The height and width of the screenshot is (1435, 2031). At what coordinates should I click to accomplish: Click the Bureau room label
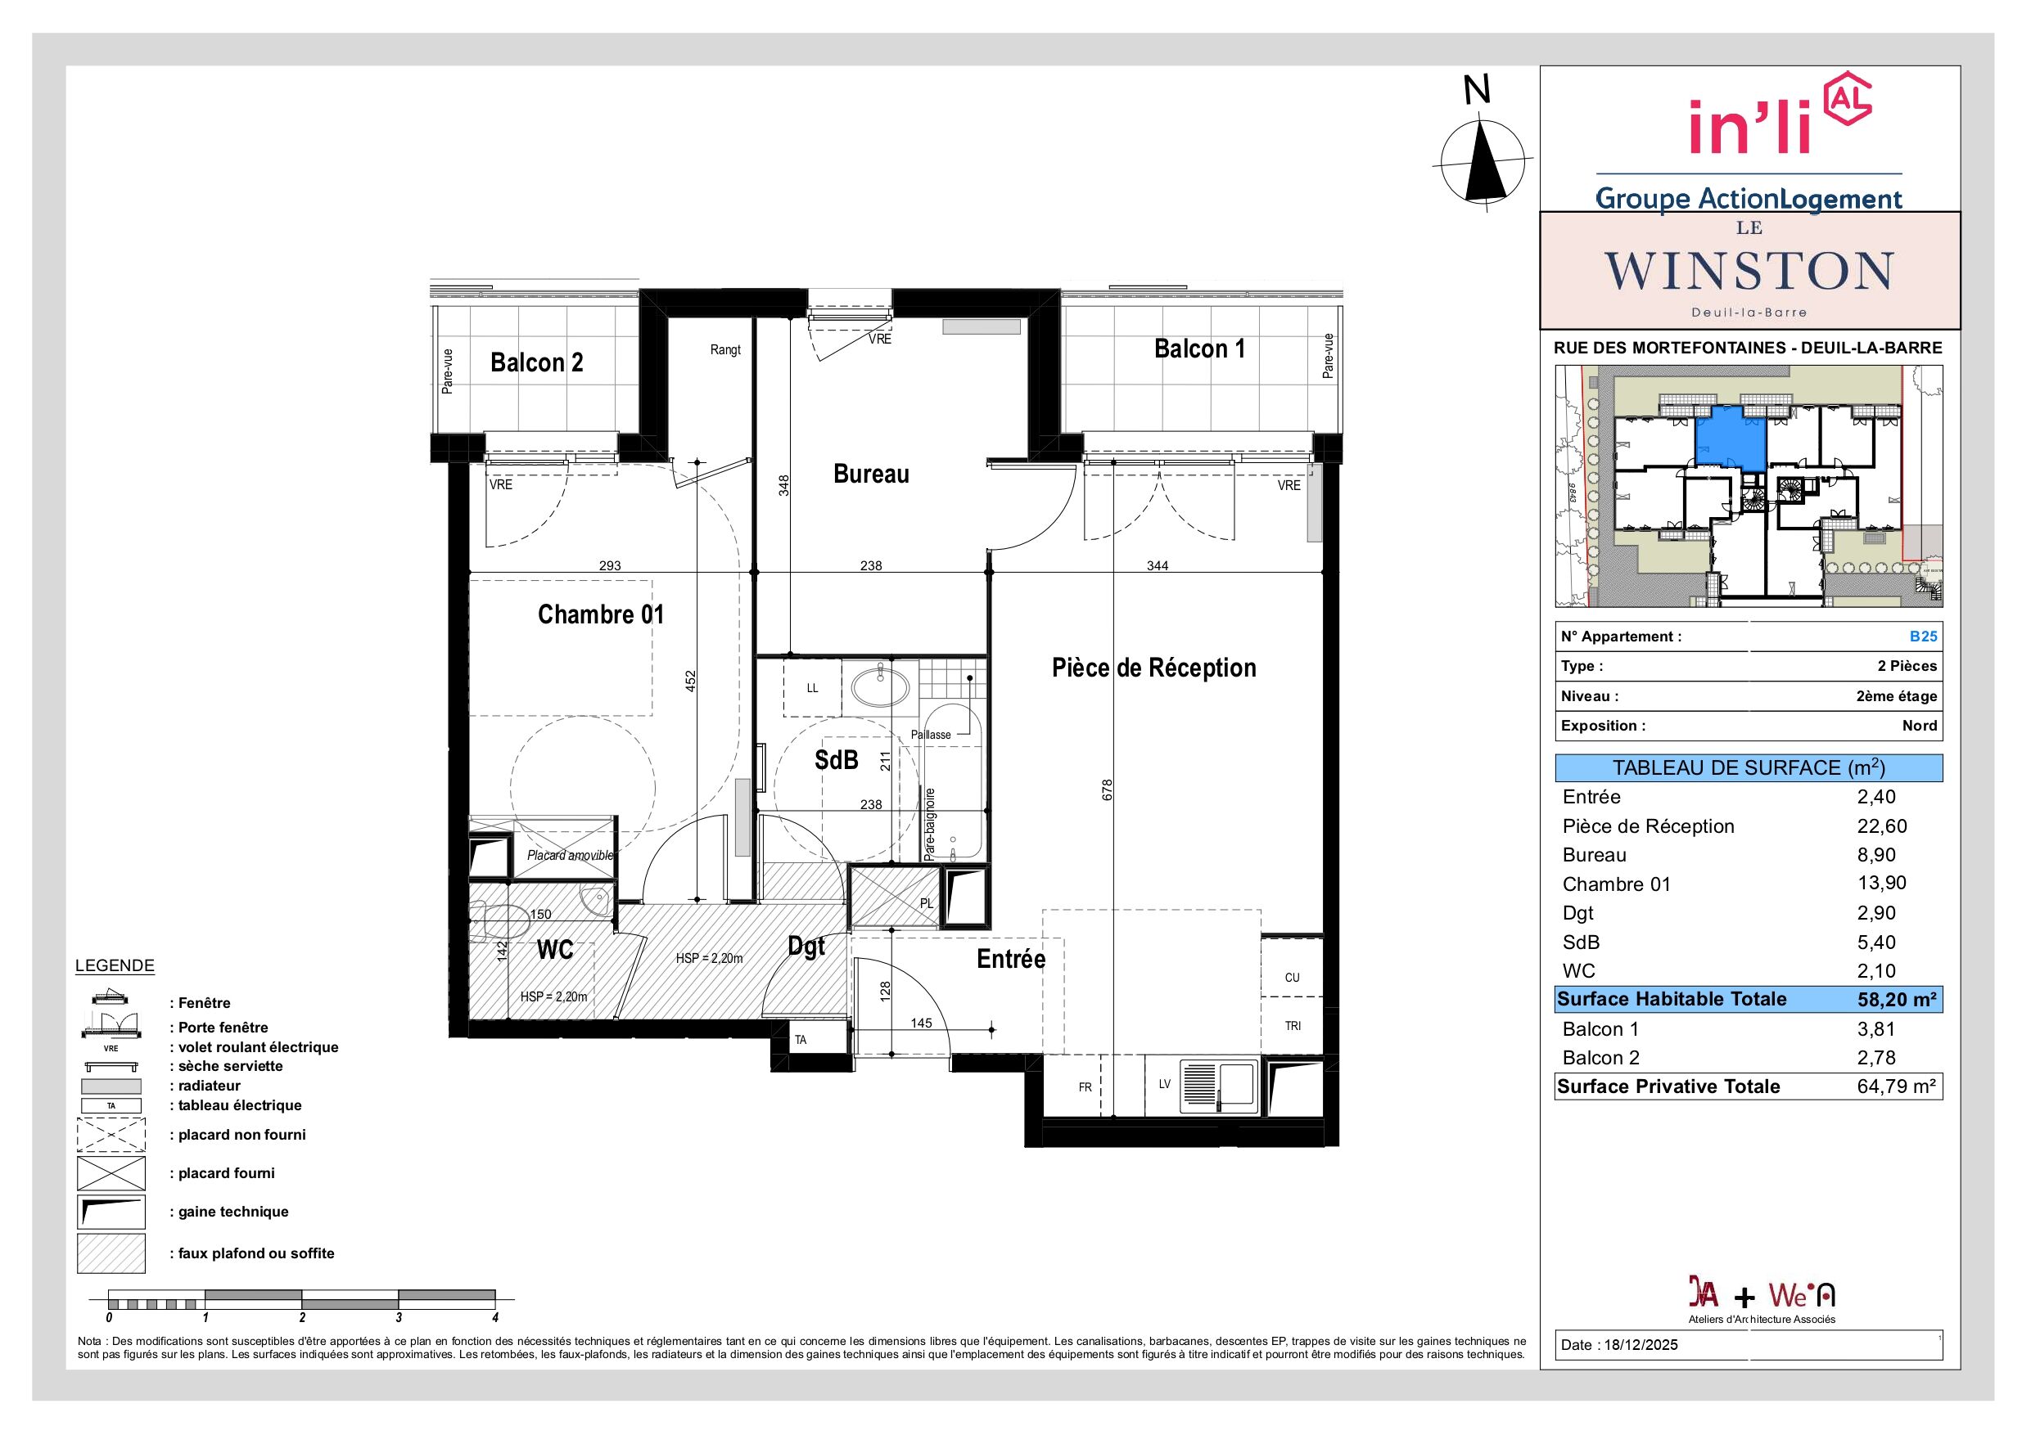870,474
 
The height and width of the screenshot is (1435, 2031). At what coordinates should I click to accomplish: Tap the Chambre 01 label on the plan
601,614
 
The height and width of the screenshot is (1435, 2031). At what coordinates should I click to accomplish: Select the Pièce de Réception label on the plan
1153,668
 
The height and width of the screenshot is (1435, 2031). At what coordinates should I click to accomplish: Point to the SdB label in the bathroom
836,759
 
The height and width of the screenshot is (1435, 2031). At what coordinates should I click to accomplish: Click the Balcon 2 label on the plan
537,362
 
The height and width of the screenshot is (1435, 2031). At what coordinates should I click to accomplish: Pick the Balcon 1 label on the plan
1199,349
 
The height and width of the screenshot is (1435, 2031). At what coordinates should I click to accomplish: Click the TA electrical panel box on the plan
801,1040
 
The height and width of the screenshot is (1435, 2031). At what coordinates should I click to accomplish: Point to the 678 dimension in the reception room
1107,789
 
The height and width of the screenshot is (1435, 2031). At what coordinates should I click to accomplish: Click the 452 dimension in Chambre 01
691,681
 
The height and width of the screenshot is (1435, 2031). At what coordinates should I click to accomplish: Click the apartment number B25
1923,637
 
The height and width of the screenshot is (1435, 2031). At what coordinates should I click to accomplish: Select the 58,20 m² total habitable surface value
1897,1000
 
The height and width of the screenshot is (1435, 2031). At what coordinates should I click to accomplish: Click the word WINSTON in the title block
1749,271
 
